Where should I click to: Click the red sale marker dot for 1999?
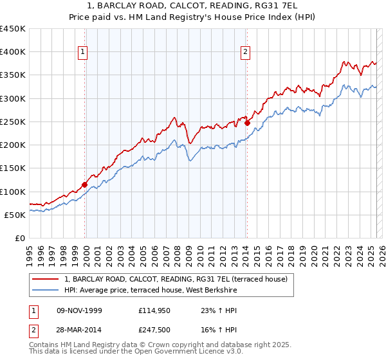pyautogui.click(x=85, y=184)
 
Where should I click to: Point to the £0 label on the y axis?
pyautogui.click(x=20, y=238)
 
